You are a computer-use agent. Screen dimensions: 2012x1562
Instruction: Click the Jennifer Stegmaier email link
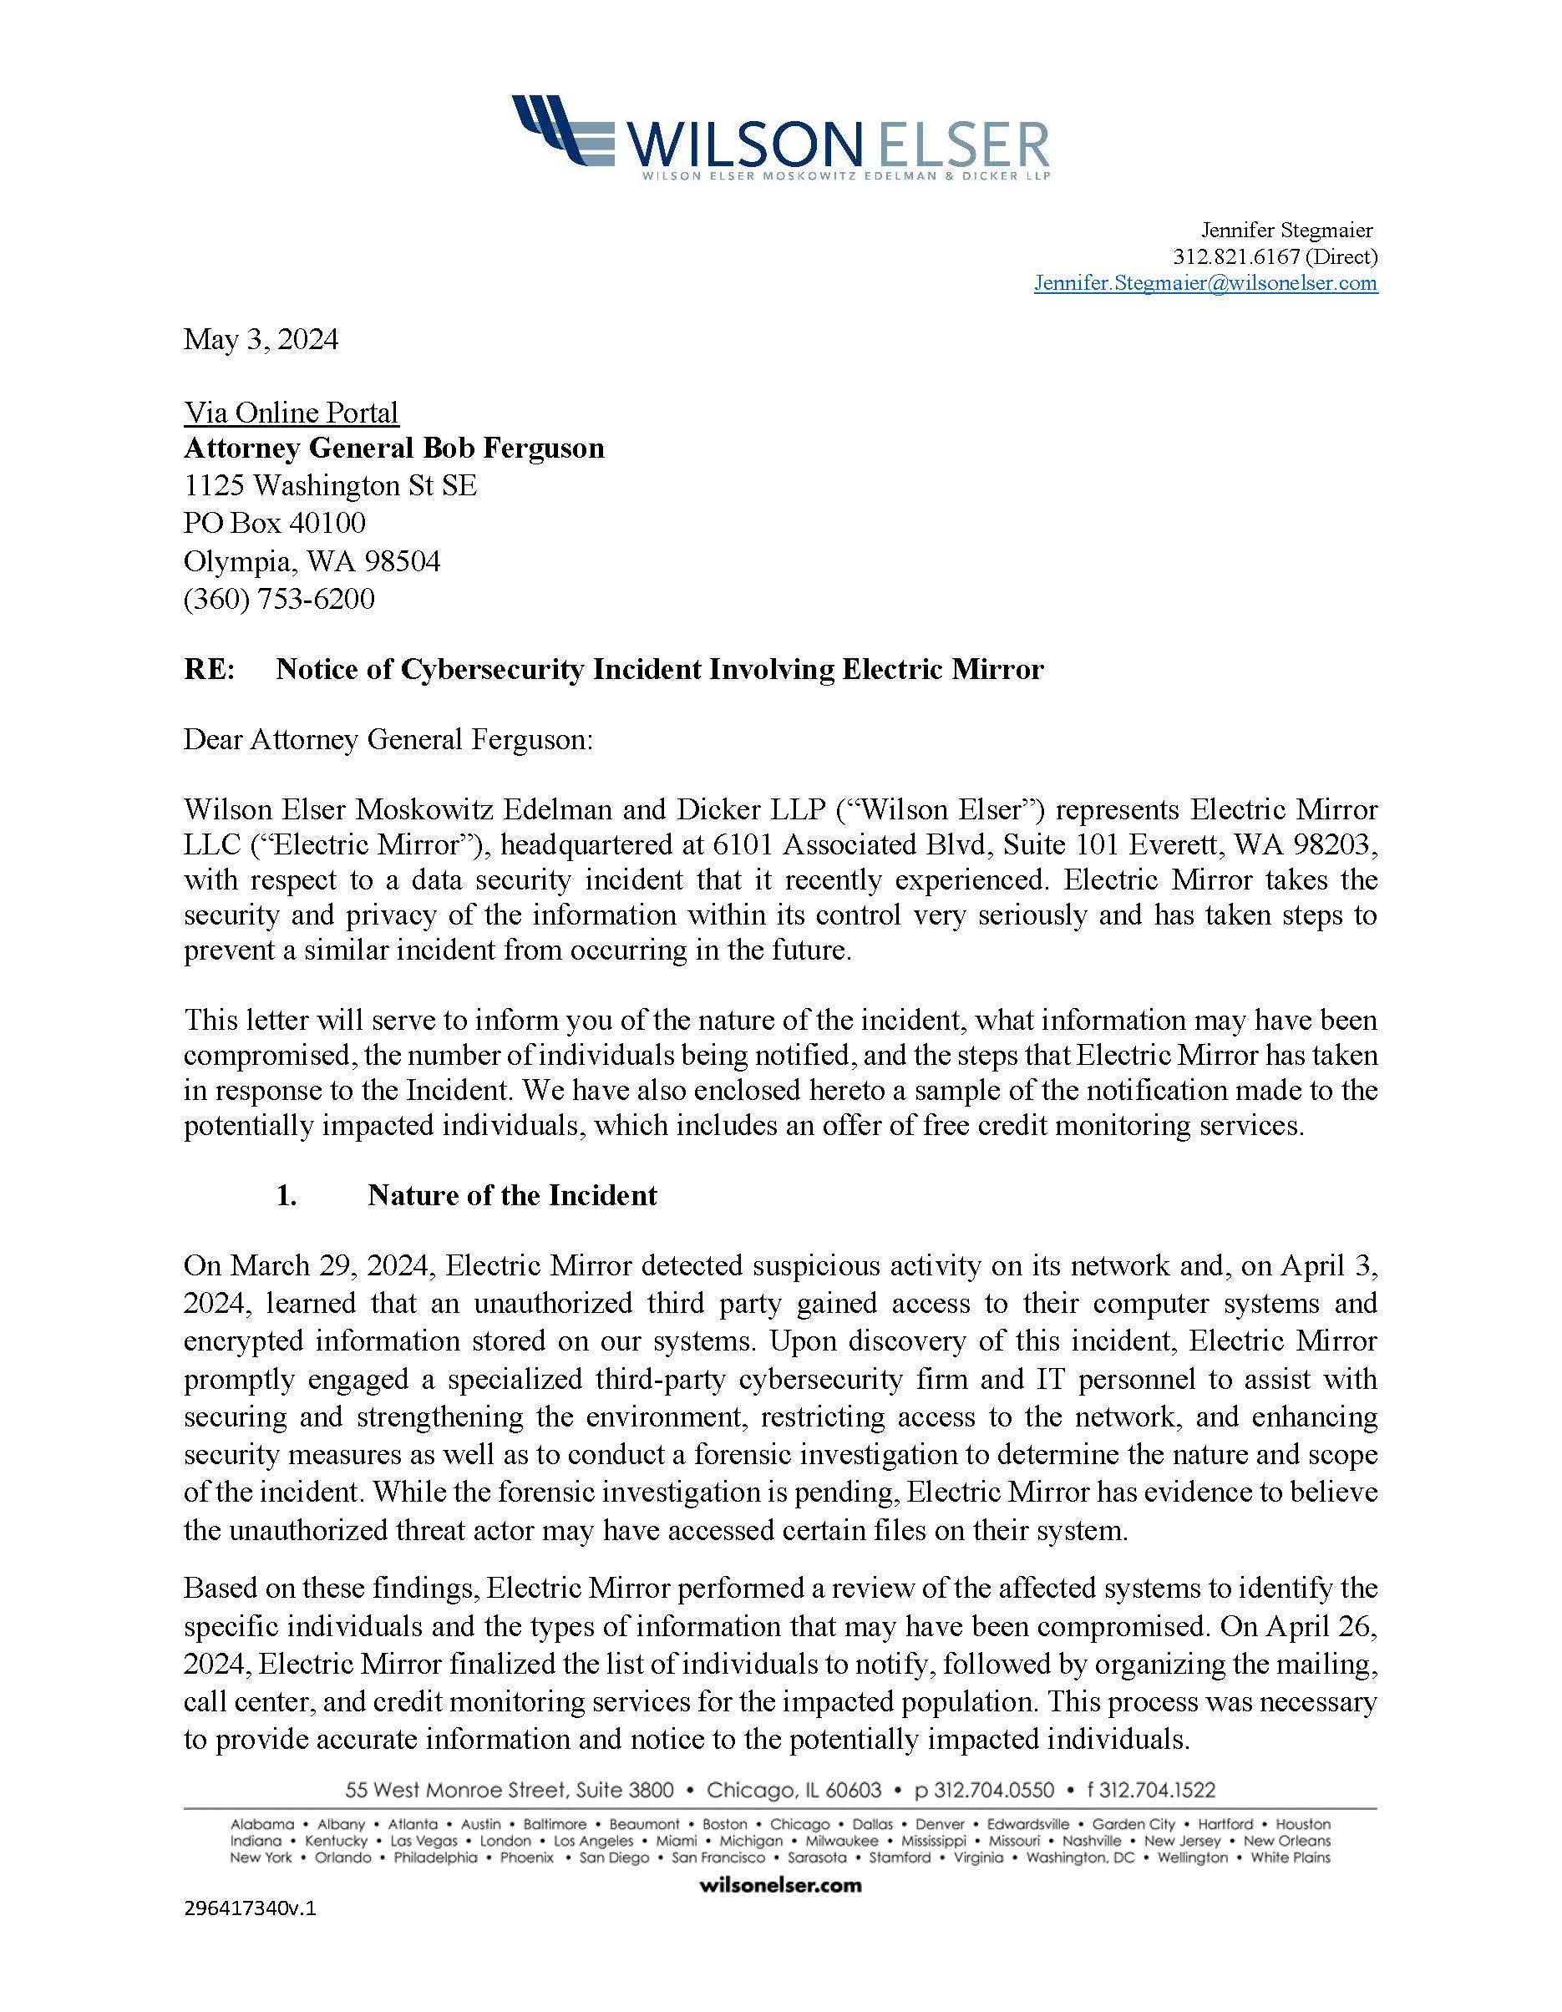(1205, 283)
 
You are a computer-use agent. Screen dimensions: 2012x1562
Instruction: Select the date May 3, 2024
(261, 339)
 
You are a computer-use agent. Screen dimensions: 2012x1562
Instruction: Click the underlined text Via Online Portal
(292, 412)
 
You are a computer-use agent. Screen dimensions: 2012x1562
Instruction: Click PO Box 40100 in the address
(275, 524)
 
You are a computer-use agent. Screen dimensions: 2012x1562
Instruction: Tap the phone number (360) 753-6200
(279, 599)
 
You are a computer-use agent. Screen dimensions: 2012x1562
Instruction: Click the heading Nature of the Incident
(511, 1195)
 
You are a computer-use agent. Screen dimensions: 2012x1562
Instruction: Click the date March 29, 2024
(307, 1266)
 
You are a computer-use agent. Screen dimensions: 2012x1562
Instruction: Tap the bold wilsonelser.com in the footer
(780, 1885)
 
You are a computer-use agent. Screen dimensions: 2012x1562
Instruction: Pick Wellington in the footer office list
(1193, 1857)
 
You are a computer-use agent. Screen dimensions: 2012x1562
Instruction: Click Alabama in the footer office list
(262, 1824)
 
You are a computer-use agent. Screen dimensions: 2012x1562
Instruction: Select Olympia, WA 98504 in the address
(312, 561)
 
